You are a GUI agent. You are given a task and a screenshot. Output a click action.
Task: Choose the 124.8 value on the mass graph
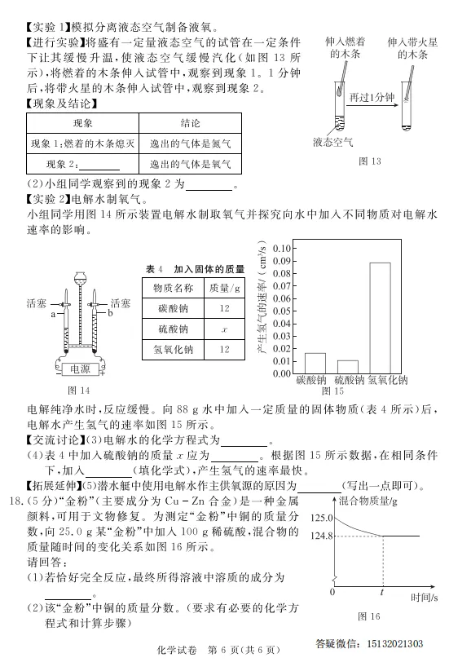click(320, 536)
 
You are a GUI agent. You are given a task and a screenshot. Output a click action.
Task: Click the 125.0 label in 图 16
click(320, 518)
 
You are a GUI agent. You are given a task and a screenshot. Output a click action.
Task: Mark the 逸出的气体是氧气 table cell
click(191, 163)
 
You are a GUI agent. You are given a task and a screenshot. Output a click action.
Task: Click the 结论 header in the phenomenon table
click(191, 123)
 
